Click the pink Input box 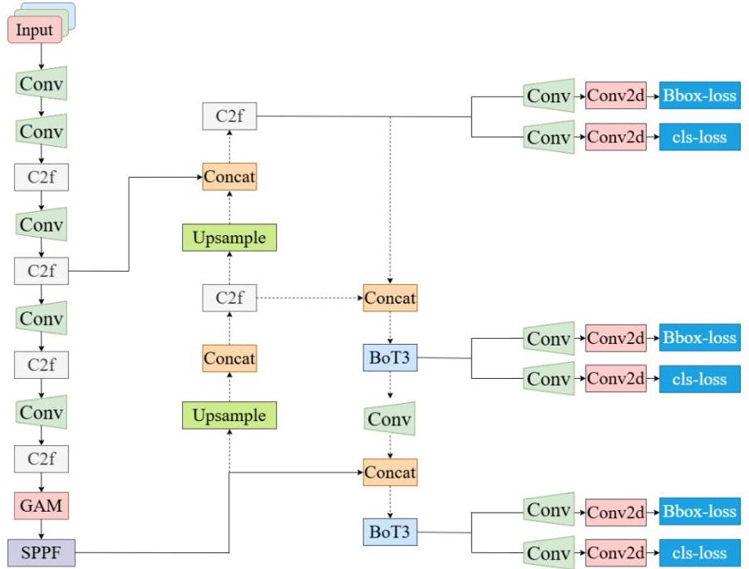click(x=35, y=31)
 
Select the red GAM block click(x=41, y=504)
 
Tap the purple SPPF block click(x=41, y=550)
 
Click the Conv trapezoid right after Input click(x=41, y=84)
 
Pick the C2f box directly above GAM click(x=41, y=459)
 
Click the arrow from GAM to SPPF click(x=41, y=527)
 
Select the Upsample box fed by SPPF click(x=229, y=414)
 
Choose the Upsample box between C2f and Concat click(x=229, y=238)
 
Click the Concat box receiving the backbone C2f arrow click(x=229, y=177)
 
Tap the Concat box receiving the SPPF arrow click(x=390, y=473)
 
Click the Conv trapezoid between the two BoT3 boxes click(x=390, y=419)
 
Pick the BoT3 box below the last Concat click(x=390, y=531)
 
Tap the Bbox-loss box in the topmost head click(x=699, y=96)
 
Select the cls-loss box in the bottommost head click(x=699, y=553)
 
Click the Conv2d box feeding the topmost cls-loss click(x=616, y=138)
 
